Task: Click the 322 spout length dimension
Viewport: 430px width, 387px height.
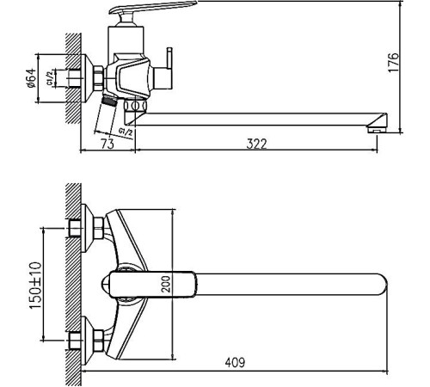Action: [255, 144]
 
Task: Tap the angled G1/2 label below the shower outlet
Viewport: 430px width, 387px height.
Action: [125, 132]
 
